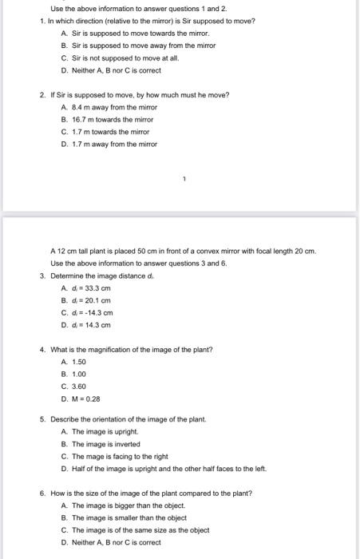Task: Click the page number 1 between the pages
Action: pyautogui.click(x=183, y=180)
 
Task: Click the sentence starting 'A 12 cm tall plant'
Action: pyautogui.click(x=184, y=251)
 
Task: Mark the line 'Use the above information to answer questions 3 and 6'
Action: pyautogui.click(x=139, y=263)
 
